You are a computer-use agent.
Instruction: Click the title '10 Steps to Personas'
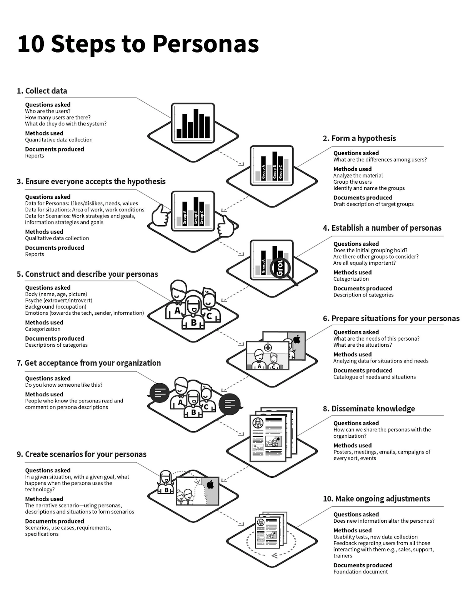point(138,43)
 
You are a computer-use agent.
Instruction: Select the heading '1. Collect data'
point(42,91)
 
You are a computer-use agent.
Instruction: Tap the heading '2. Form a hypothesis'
point(359,138)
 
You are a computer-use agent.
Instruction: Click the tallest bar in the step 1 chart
point(196,123)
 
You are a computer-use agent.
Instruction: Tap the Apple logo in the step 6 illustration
point(297,339)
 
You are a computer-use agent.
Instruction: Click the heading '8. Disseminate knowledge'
point(369,409)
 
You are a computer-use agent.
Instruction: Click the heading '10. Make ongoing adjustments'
point(376,499)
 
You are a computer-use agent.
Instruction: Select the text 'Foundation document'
point(360,572)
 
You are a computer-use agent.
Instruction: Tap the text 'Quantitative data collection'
point(59,140)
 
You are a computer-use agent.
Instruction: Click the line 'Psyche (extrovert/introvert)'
point(58,301)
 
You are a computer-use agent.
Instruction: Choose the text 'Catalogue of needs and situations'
point(374,377)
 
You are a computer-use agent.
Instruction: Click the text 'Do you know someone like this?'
point(63,385)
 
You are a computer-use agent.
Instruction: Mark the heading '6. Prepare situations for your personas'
point(391,319)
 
